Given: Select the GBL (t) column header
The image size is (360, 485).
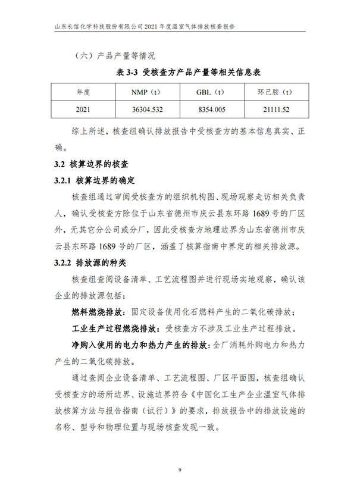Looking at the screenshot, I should pyautogui.click(x=210, y=92).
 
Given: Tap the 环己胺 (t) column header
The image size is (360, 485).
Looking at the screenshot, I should pyautogui.click(x=274, y=92).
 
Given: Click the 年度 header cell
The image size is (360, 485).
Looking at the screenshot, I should pyautogui.click(x=83, y=92).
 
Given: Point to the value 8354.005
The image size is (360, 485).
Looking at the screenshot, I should pyautogui.click(x=210, y=110).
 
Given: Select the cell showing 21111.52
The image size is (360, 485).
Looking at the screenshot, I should pyautogui.click(x=274, y=110).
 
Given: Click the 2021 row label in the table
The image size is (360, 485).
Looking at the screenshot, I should pyautogui.click(x=83, y=110).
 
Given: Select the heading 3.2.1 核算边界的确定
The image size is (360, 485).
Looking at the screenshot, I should pyautogui.click(x=95, y=180).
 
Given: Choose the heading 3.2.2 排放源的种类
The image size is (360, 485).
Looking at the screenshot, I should pyautogui.click(x=95, y=262).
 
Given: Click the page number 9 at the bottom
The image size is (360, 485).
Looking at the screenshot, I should pyautogui.click(x=179, y=471).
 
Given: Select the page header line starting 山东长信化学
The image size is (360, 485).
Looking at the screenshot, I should pyautogui.click(x=140, y=27).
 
